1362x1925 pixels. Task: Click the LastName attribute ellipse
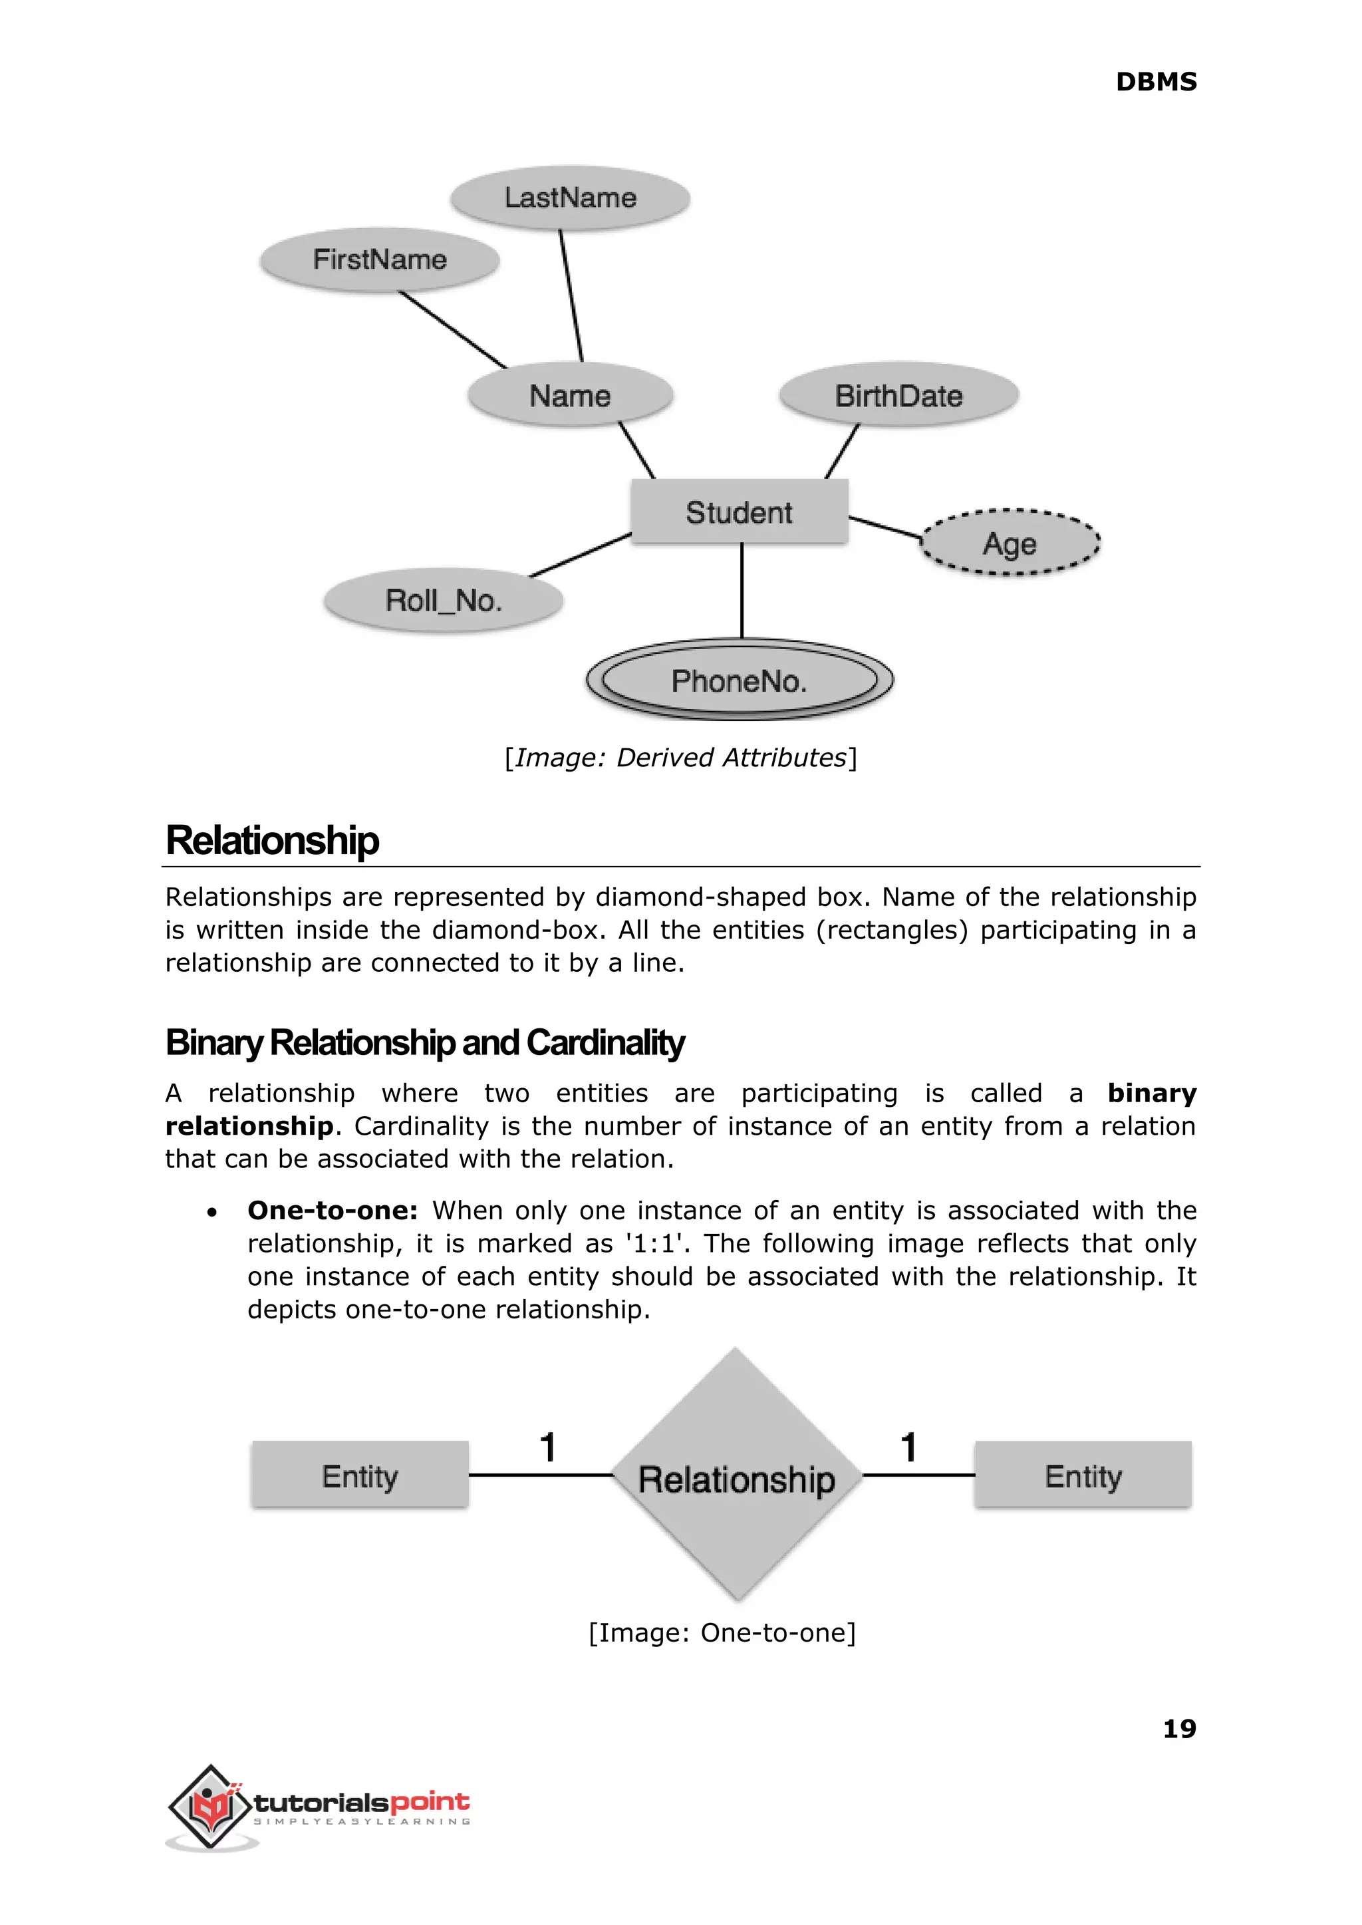571,198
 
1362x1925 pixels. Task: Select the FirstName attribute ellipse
380,259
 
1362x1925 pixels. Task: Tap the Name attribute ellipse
571,395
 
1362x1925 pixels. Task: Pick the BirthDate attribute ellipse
898,395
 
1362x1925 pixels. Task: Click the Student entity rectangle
739,512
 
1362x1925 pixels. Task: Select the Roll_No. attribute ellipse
444,601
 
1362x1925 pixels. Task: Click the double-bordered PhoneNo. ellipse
739,680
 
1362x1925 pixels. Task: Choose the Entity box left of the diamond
360,1475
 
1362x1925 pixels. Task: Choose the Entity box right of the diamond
1083,1475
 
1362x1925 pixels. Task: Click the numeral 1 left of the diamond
547,1447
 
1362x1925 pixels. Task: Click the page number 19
1179,1728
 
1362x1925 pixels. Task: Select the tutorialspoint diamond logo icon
211,1806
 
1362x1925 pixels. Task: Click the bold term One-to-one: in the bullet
332,1211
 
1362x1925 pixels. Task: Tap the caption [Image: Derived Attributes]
680,758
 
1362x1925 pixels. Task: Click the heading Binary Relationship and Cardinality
425,1042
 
